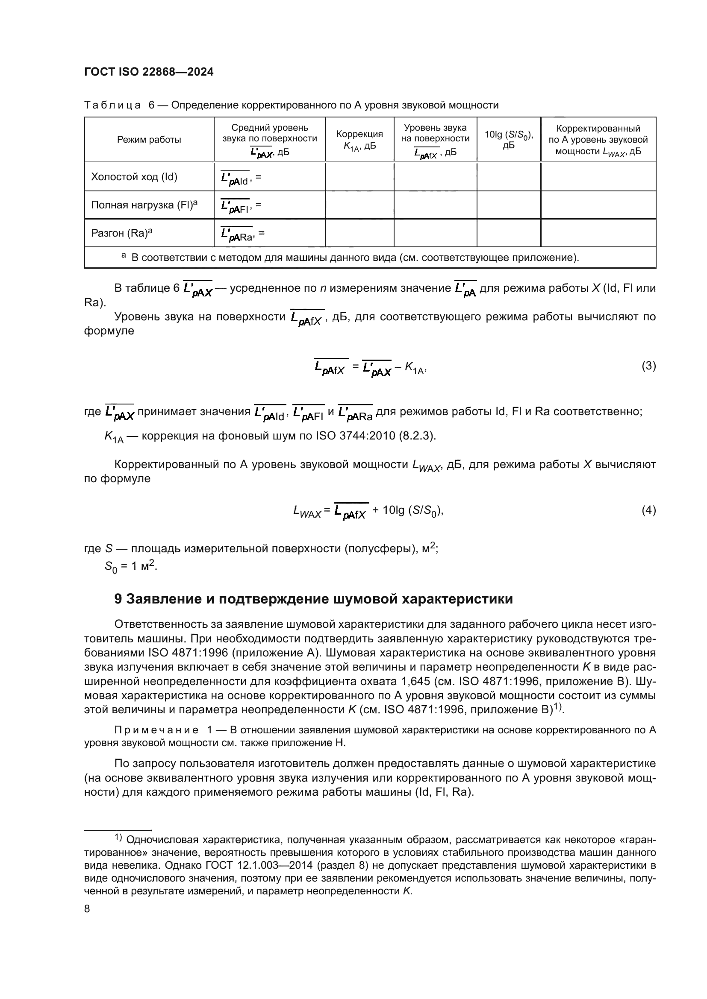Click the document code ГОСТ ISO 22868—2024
click(148, 72)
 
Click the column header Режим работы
click(149, 140)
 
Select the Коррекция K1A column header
click(359, 140)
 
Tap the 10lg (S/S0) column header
click(509, 140)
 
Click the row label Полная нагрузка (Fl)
click(144, 205)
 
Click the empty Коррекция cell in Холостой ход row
click(359, 177)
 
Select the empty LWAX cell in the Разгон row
click(598, 233)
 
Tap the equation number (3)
click(648, 366)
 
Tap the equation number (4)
click(648, 510)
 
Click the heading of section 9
click(313, 599)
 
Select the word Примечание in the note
click(156, 730)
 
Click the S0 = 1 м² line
click(131, 566)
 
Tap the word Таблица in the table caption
click(112, 105)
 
